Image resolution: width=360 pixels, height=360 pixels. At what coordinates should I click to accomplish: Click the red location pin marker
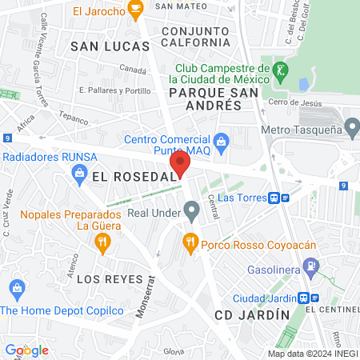click(x=178, y=164)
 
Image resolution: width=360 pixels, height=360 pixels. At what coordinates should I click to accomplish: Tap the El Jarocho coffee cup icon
click(x=135, y=10)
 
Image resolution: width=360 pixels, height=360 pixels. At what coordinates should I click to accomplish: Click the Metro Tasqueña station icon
click(x=350, y=127)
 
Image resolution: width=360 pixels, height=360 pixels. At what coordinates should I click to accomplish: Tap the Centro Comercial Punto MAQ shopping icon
click(x=223, y=142)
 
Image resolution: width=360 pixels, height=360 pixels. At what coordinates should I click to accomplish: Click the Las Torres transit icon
click(x=274, y=197)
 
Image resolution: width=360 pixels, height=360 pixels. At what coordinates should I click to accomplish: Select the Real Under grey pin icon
click(x=191, y=212)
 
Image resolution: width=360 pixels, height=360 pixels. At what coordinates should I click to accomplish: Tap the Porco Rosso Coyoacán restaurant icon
click(x=190, y=241)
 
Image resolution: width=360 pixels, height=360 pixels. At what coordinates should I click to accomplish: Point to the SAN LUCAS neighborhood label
click(x=110, y=46)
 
